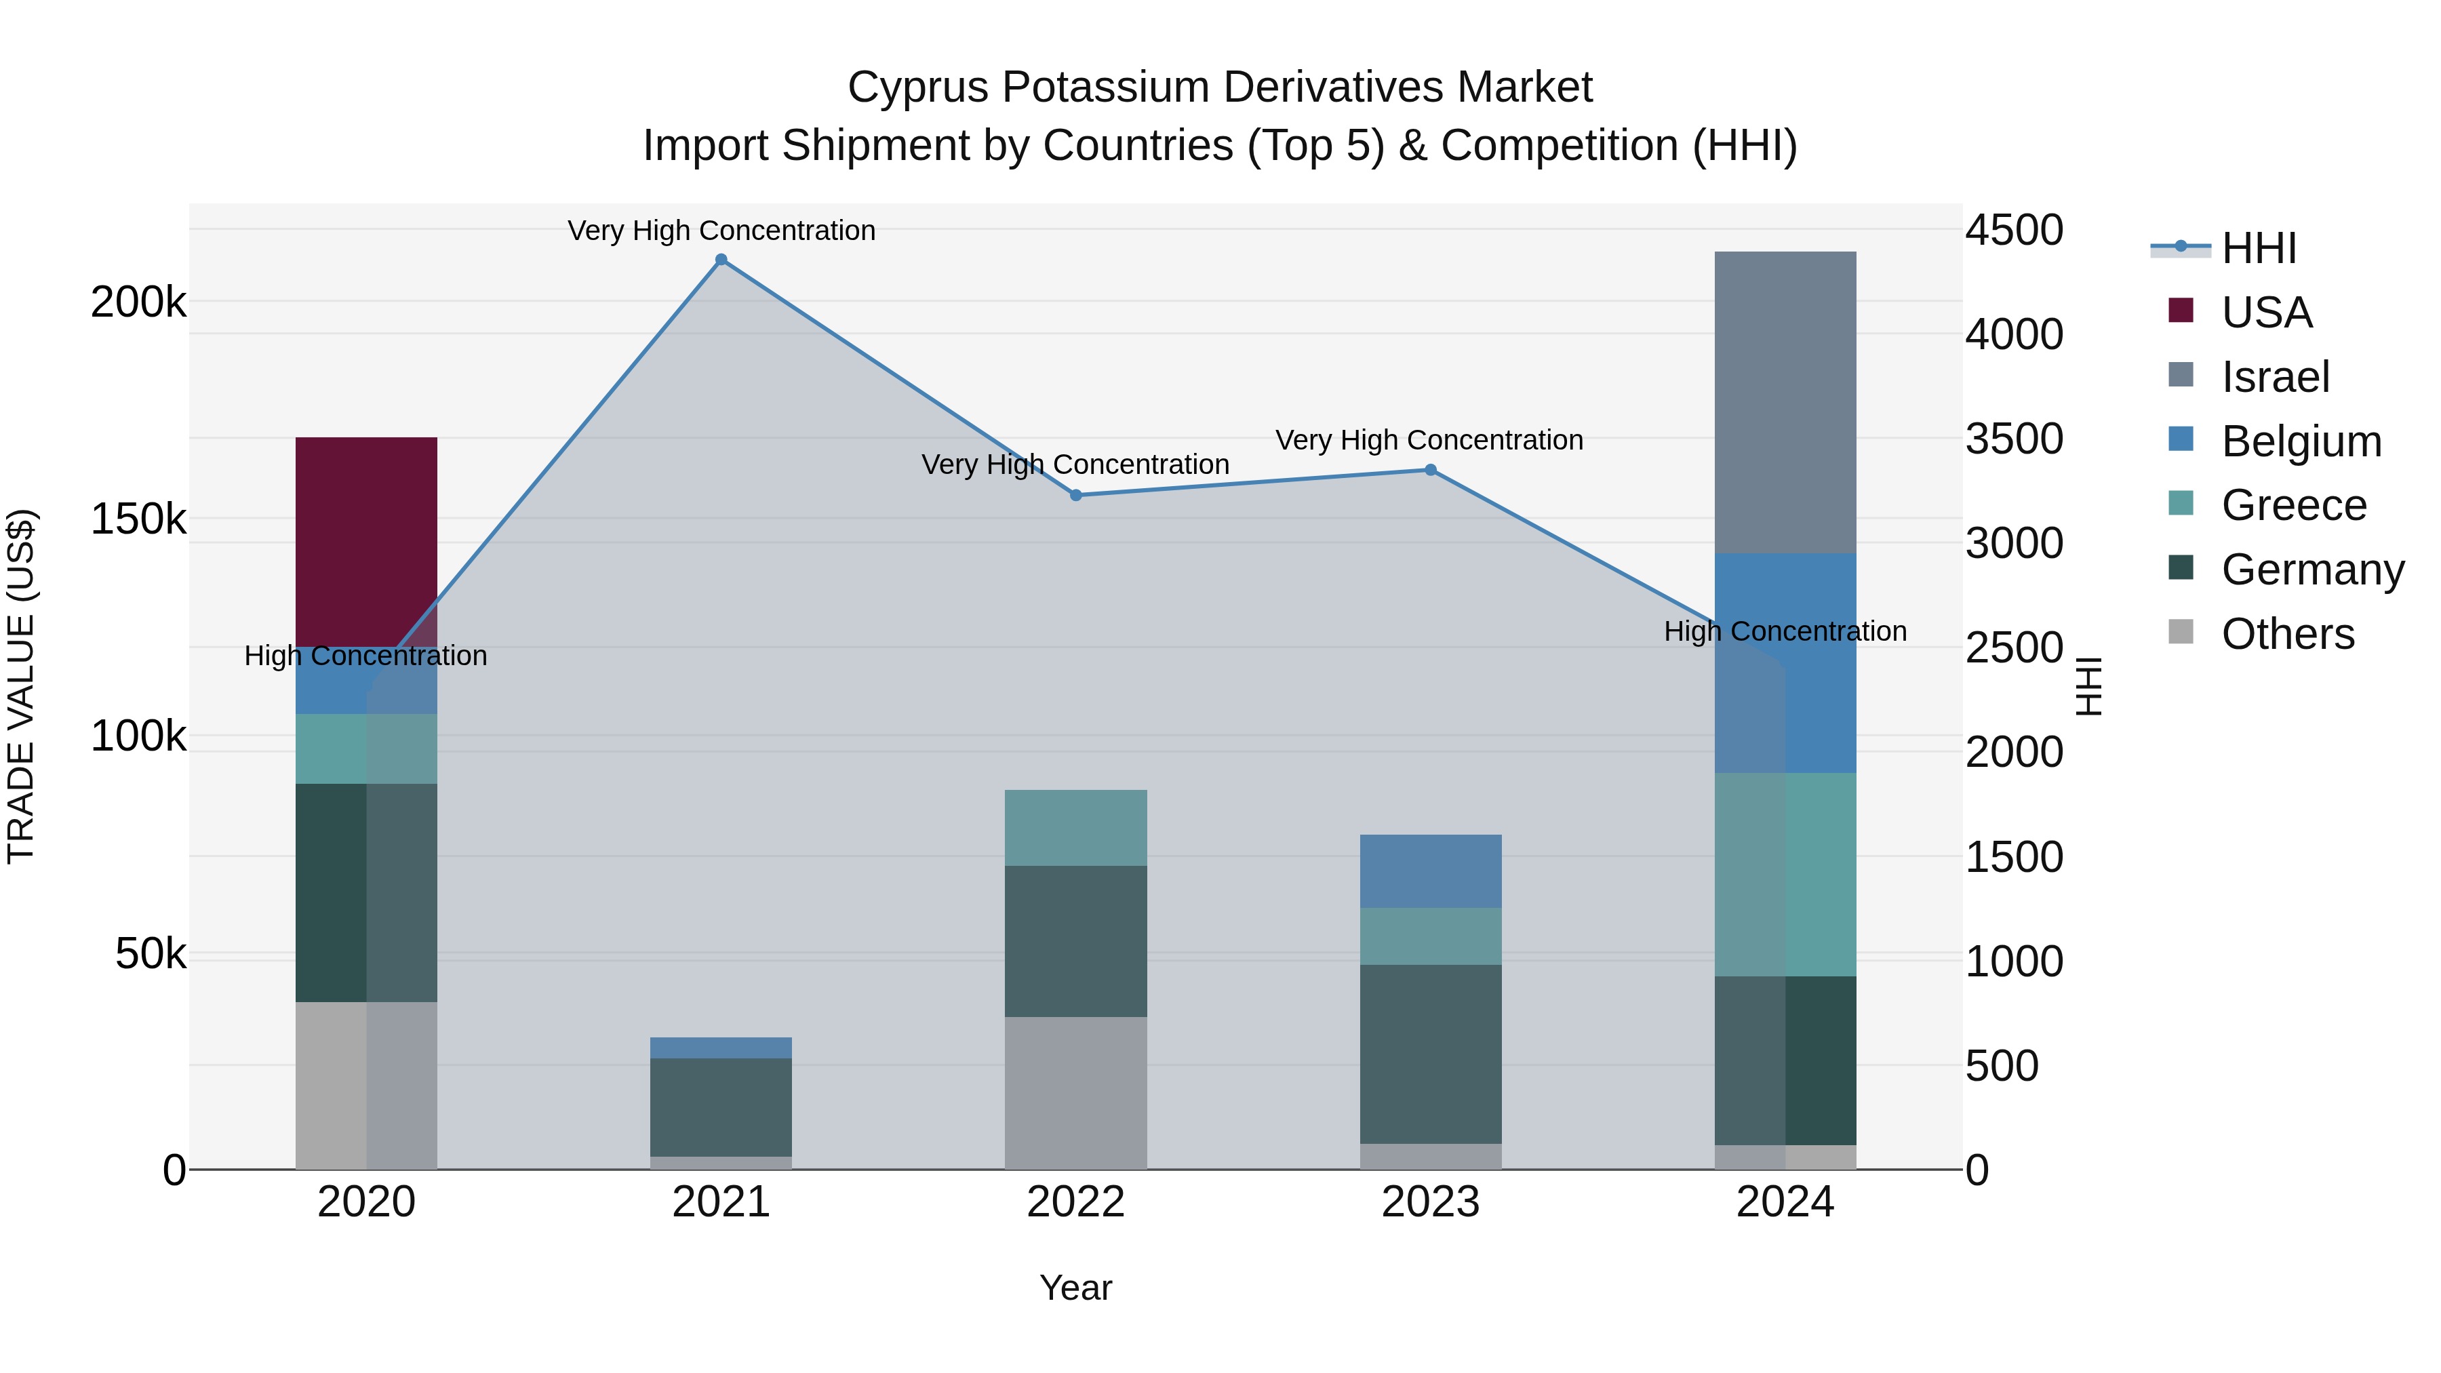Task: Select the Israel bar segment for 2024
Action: point(1785,402)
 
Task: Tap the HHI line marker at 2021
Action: point(721,260)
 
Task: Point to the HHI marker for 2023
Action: point(1430,470)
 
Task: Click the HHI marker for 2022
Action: point(1075,496)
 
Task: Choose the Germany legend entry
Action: point(2312,570)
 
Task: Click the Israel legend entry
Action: point(2274,377)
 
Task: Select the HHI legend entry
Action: point(2258,248)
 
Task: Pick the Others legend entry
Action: point(2286,634)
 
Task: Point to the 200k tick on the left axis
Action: point(138,303)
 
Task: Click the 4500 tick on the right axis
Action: point(2014,231)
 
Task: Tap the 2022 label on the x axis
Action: point(1075,1202)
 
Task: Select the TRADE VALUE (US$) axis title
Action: point(21,686)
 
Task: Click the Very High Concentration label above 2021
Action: point(721,231)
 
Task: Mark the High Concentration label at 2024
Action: point(1785,631)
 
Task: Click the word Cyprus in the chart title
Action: point(917,87)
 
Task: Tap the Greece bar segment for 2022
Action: point(1075,827)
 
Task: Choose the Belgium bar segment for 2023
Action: point(1430,871)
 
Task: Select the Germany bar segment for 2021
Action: point(721,1107)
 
